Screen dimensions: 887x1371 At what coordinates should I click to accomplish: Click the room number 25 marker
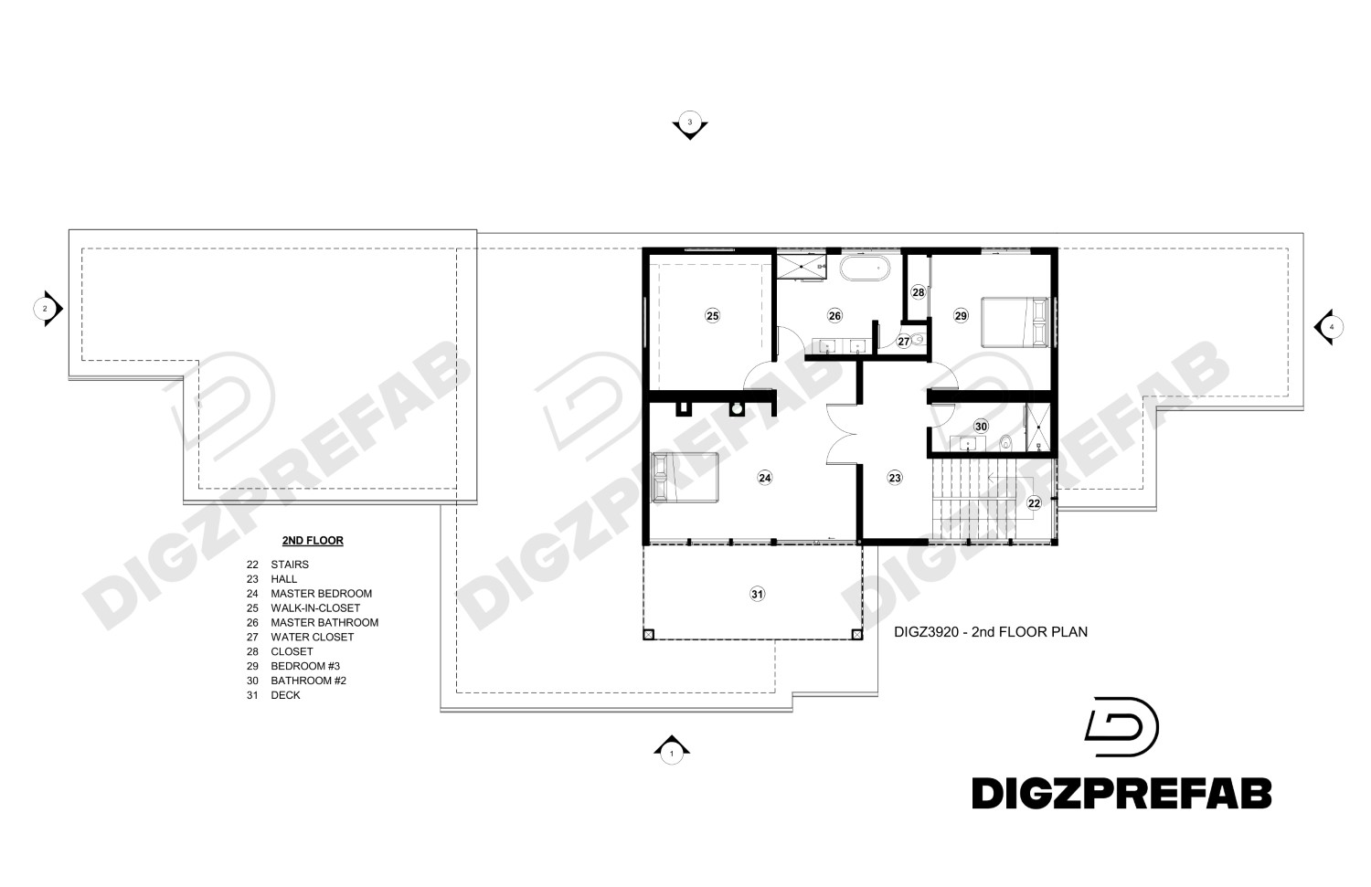pos(713,316)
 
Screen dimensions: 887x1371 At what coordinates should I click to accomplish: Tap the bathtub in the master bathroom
pos(865,269)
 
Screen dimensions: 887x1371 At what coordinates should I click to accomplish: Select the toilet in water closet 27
pos(919,339)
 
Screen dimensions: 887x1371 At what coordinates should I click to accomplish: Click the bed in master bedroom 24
pos(685,477)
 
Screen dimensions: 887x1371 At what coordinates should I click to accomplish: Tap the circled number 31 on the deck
pos(757,594)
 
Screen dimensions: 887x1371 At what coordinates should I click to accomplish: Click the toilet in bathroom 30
pos(1005,443)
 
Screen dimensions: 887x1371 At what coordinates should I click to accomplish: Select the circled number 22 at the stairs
pos(1034,502)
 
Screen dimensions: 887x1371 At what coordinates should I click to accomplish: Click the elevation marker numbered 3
pos(690,123)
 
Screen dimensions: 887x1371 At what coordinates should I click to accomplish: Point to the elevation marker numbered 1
pos(672,751)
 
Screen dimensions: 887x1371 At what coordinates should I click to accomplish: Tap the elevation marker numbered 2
pos(47,309)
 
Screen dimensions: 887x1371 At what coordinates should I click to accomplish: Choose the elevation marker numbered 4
pos(1329,326)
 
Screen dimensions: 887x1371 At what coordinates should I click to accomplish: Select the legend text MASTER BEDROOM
pos(321,594)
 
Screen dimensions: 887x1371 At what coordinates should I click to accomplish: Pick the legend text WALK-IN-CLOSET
pos(315,608)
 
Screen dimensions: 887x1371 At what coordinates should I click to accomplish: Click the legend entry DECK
pos(285,695)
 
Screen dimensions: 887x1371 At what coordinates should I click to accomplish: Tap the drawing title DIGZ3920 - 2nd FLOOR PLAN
pos(990,631)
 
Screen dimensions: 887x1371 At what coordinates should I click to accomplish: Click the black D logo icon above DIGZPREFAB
pos(1121,727)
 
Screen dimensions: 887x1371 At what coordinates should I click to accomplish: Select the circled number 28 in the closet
pos(919,292)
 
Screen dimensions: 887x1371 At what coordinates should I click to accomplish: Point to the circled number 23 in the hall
pos(895,477)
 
